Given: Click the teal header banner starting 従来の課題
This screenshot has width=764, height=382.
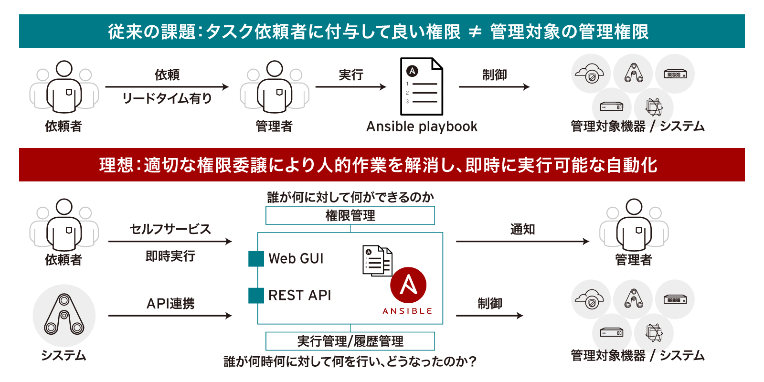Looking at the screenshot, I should click(x=382, y=32).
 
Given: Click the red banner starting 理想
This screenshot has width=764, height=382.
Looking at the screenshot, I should click(x=382, y=165).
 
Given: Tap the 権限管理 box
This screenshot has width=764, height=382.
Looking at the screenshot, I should click(x=350, y=215).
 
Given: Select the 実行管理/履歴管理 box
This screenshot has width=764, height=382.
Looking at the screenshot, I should click(x=350, y=341).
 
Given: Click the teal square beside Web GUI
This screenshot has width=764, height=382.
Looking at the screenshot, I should click(x=256, y=259).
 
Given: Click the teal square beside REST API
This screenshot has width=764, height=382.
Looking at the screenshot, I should click(x=256, y=296).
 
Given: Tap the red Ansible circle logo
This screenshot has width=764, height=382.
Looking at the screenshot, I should click(x=408, y=285).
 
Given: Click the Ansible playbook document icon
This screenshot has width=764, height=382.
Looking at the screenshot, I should click(x=421, y=86).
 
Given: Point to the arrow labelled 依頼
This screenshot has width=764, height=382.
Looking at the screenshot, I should click(x=167, y=87).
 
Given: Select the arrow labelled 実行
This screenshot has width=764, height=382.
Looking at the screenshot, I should click(x=350, y=87).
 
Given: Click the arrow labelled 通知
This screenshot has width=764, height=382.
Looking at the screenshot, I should click(x=522, y=242).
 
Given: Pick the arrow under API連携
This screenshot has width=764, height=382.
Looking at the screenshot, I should click(x=170, y=316).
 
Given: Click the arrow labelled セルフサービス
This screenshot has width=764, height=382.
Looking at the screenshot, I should click(x=170, y=242).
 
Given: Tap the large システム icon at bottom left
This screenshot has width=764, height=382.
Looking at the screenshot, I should click(x=64, y=315).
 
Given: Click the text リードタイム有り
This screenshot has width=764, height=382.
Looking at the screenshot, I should click(x=167, y=98).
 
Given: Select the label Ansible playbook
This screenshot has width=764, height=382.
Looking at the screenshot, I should click(x=421, y=127).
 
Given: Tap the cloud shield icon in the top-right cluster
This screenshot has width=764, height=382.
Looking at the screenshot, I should click(x=591, y=74).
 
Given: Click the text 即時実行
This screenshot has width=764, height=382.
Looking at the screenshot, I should click(x=170, y=256).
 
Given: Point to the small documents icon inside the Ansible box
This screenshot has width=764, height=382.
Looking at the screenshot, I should click(x=378, y=261).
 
